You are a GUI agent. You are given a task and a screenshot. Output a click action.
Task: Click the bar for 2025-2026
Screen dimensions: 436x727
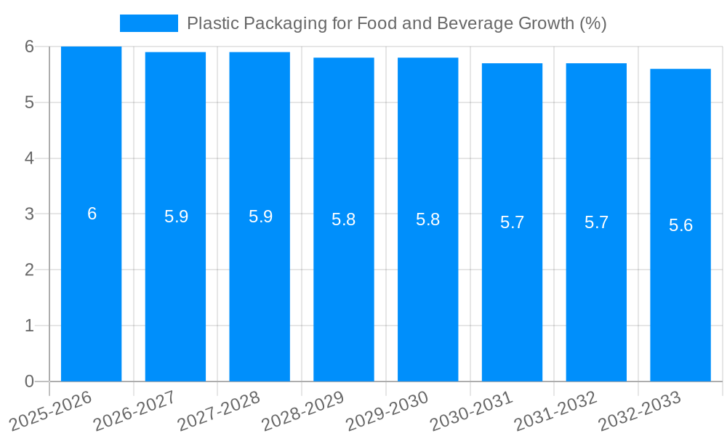pos(91,291)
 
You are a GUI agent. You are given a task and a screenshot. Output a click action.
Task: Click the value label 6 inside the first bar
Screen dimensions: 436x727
pos(92,214)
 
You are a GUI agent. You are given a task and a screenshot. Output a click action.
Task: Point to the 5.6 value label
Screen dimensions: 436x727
pos(680,225)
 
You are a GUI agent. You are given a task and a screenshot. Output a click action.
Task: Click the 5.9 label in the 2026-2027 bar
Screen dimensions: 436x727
pos(176,217)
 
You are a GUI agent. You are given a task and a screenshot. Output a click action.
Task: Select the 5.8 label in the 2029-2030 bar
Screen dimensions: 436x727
pos(427,219)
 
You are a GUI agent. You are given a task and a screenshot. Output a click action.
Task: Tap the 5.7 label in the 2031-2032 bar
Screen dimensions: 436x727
pos(596,222)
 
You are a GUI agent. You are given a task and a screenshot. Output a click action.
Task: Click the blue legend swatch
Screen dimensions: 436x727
pos(148,23)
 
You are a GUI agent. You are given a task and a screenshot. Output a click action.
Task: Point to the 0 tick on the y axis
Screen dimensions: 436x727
pos(29,381)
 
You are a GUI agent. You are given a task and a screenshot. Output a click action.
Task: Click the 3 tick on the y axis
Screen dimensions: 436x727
pos(29,214)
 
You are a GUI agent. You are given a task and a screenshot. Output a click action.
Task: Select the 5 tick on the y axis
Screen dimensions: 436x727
pos(29,102)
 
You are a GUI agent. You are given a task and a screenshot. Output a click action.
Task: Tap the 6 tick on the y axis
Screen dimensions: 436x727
pos(29,47)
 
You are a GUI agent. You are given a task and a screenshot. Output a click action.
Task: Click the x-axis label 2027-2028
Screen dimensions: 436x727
pos(219,411)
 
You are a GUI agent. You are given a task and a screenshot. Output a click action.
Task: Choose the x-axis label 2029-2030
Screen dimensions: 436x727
pos(387,411)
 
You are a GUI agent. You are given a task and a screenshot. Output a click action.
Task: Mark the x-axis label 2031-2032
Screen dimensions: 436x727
pos(555,411)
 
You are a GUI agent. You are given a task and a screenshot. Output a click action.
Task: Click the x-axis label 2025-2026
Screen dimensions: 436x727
pos(51,411)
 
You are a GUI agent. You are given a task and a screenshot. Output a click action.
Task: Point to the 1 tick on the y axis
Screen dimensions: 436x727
pos(29,326)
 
